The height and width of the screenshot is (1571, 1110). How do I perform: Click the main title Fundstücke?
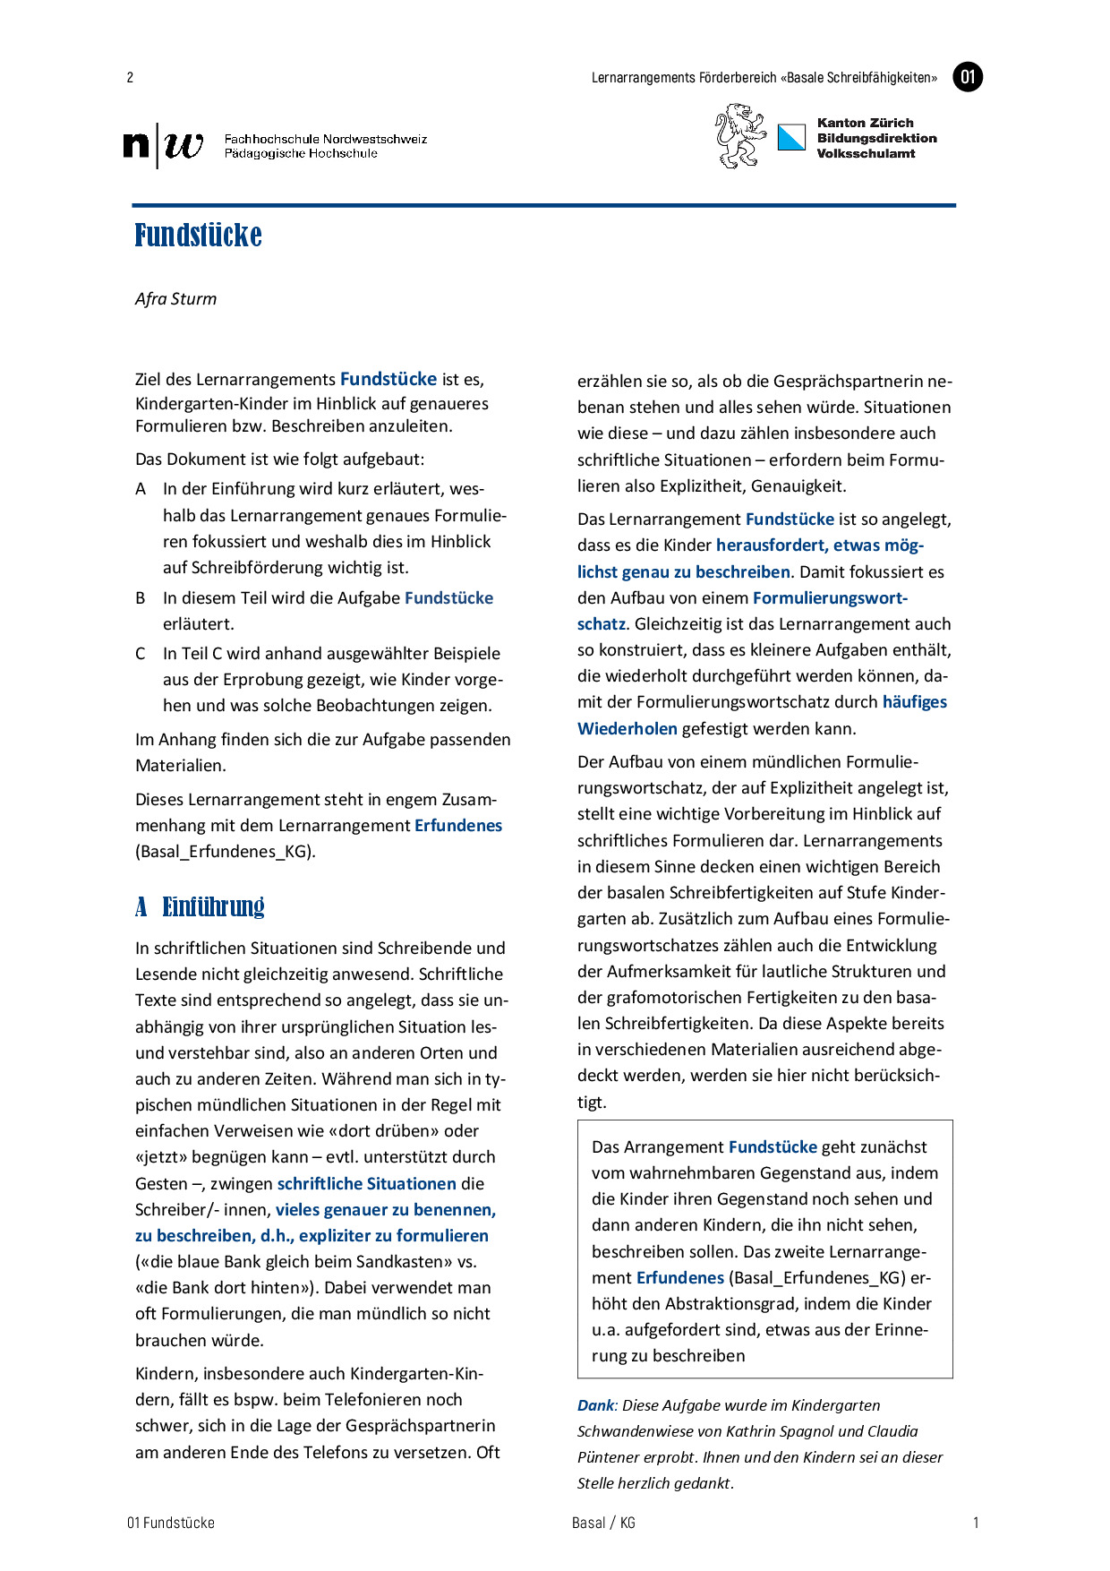[198, 236]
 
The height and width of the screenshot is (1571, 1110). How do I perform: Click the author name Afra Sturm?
[175, 299]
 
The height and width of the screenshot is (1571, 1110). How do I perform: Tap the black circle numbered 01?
[968, 77]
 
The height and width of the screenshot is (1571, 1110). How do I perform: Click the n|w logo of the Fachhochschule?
[163, 145]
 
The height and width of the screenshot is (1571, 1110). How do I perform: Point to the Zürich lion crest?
[739, 136]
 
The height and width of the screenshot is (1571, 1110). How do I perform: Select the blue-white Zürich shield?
[791, 137]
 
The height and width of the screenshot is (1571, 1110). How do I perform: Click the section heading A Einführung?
[200, 906]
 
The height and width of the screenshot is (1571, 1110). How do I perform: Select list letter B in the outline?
[141, 598]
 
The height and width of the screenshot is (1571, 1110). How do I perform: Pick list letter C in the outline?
[141, 654]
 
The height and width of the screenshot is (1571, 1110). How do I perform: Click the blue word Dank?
[595, 1406]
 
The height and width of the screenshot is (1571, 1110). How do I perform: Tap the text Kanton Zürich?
[865, 123]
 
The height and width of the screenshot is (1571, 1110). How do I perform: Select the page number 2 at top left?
[130, 77]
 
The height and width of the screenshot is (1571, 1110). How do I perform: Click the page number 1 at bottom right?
[976, 1523]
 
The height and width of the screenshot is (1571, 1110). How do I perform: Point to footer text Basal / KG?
[603, 1523]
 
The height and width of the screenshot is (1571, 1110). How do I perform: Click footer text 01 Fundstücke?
[171, 1523]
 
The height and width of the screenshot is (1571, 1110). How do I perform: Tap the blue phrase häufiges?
[914, 702]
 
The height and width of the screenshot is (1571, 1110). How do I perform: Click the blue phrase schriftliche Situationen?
[367, 1184]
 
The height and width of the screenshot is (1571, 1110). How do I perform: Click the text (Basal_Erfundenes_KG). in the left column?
[226, 852]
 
